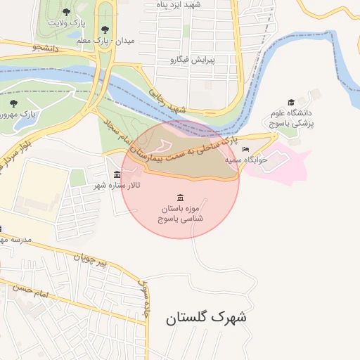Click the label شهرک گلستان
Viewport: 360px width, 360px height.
point(206,317)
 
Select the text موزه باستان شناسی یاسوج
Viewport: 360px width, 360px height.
point(181,214)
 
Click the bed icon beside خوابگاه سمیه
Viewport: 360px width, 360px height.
point(245,150)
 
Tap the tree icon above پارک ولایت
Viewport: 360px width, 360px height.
point(66,12)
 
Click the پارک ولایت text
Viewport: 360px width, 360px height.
point(66,22)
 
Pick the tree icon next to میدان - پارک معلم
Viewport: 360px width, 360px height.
point(104,30)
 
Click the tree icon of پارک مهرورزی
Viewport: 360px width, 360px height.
point(13,103)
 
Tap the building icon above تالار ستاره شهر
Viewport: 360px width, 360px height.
point(117,174)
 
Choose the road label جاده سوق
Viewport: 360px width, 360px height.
point(146,299)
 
